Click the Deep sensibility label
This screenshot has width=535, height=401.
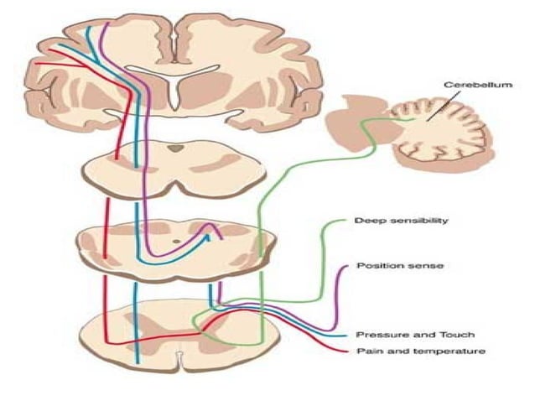point(389,221)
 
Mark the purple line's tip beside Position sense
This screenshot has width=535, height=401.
point(345,267)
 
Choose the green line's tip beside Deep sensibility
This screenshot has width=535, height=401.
point(343,221)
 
